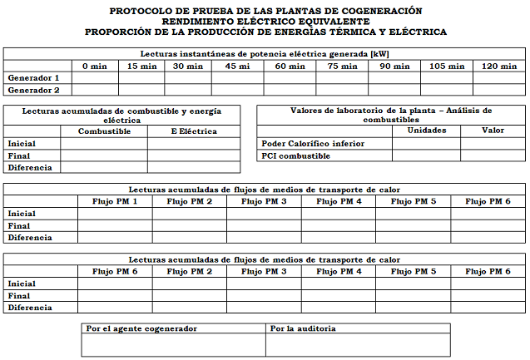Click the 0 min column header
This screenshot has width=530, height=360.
pyautogui.click(x=94, y=66)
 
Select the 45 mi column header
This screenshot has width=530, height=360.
pyautogui.click(x=237, y=66)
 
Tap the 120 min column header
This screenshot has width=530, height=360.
pyautogui.click(x=499, y=66)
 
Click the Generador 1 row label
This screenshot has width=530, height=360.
pyautogui.click(x=33, y=77)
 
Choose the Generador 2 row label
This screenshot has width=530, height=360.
pyautogui.click(x=33, y=90)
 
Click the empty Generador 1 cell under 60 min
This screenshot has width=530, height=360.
pyautogui.click(x=290, y=77)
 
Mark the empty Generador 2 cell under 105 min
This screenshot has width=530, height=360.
pyautogui.click(x=448, y=90)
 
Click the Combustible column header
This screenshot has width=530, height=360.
pyautogui.click(x=105, y=131)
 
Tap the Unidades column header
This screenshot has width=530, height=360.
pyautogui.click(x=426, y=131)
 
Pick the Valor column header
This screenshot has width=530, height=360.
pyautogui.click(x=493, y=131)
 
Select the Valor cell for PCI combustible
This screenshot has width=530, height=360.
pyautogui.click(x=493, y=155)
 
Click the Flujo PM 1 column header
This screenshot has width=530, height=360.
pyautogui.click(x=115, y=201)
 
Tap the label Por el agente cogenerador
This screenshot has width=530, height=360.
pyautogui.click(x=142, y=328)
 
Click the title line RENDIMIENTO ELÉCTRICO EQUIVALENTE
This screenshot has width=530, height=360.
pyautogui.click(x=265, y=22)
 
